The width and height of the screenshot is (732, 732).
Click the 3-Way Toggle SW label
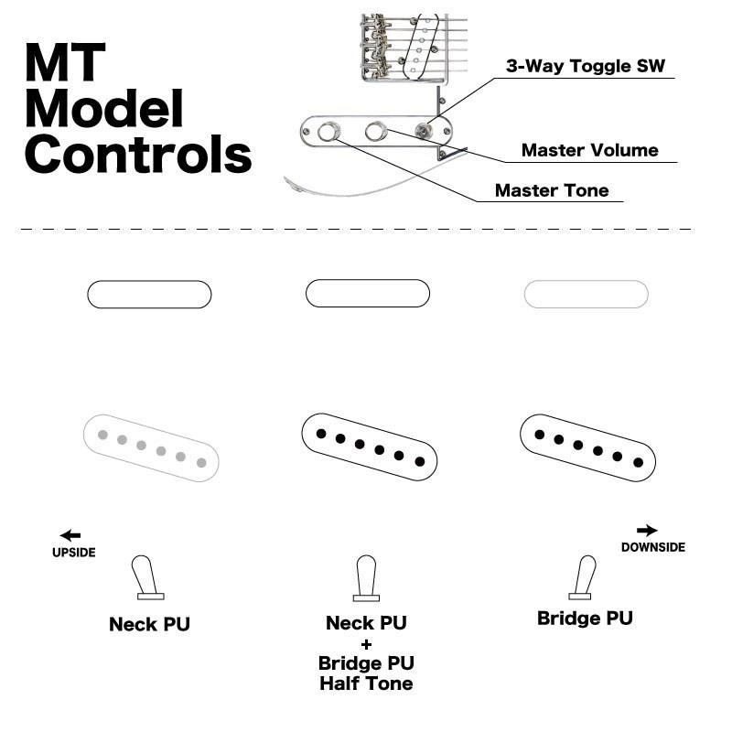tap(586, 67)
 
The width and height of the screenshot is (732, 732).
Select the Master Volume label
tap(589, 150)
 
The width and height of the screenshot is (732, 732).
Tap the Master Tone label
tap(551, 190)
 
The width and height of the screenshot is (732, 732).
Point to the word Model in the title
tap(103, 109)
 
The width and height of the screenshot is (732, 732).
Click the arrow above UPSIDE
tap(70, 535)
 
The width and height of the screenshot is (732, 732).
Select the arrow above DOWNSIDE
tap(647, 530)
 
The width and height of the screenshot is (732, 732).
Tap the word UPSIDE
tap(73, 553)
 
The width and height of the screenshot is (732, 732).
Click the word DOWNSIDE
tap(652, 547)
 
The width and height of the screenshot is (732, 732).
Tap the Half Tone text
tap(366, 684)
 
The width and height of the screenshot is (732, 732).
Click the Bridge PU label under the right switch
tap(585, 618)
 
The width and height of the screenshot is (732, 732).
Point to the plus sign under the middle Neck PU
tap(366, 643)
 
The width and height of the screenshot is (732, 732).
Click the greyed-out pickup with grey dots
tap(151, 447)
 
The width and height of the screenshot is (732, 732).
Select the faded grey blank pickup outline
tap(586, 294)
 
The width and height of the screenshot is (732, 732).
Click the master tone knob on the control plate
tap(328, 132)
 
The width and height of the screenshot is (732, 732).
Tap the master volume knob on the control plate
tap(375, 132)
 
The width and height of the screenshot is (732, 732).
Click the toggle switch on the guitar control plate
tap(423, 132)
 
